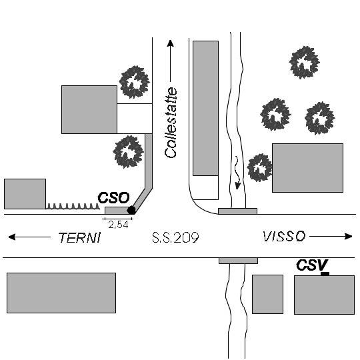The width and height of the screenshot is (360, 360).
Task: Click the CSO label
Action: (113, 198)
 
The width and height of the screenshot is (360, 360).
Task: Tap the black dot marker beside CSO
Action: (131, 210)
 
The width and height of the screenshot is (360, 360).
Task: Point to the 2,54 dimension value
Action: (118, 225)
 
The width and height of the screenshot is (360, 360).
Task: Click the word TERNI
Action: (80, 237)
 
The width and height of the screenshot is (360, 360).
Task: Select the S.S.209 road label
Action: (175, 237)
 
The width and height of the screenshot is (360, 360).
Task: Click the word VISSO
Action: (284, 237)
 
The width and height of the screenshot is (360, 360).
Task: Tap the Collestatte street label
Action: (171, 123)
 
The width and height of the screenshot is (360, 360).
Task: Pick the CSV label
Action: (312, 265)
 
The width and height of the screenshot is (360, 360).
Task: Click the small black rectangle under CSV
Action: (325, 274)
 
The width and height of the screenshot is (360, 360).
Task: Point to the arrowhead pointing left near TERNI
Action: (12, 237)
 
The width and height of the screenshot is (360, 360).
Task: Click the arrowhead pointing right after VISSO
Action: (349, 236)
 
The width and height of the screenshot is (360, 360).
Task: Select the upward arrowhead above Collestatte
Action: (170, 43)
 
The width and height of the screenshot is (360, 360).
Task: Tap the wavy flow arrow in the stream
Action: (237, 173)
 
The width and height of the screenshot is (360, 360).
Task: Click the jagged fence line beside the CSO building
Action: (73, 206)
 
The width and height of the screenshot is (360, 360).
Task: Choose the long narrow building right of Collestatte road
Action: (205, 108)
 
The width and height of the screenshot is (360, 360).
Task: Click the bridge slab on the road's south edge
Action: (238, 261)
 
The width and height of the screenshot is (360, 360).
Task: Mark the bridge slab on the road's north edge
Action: (237, 211)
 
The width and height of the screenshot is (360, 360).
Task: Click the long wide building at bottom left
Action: (61, 293)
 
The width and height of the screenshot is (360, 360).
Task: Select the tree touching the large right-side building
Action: (260, 168)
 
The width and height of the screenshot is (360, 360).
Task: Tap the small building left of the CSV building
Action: (268, 294)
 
